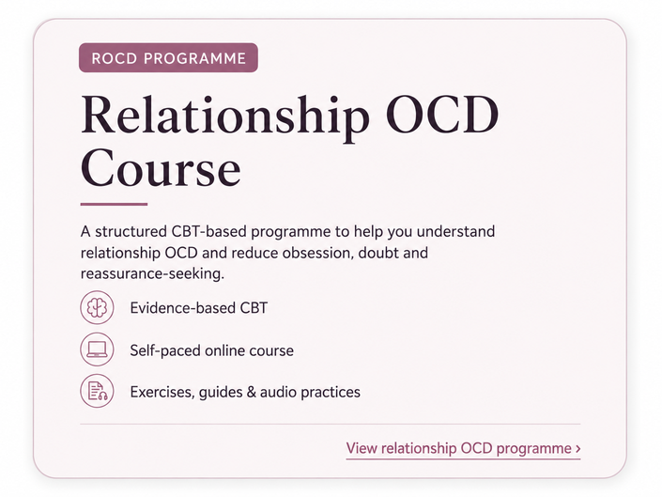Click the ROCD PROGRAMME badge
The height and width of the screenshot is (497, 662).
click(168, 57)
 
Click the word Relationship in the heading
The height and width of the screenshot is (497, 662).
click(225, 116)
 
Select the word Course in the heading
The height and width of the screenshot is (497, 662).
click(161, 167)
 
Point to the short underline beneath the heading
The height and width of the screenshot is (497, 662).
click(114, 204)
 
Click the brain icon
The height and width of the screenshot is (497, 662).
click(97, 307)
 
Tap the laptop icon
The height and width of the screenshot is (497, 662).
click(97, 349)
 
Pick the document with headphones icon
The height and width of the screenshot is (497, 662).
click(97, 391)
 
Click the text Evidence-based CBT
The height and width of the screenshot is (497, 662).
click(199, 308)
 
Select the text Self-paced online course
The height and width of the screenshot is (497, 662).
click(211, 350)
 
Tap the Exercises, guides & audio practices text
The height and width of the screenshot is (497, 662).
click(245, 393)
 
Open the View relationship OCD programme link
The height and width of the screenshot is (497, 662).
click(463, 448)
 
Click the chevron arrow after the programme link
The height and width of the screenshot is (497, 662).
click(578, 449)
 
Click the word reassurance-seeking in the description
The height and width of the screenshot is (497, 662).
click(152, 274)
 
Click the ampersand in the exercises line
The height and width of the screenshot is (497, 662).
click(252, 393)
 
